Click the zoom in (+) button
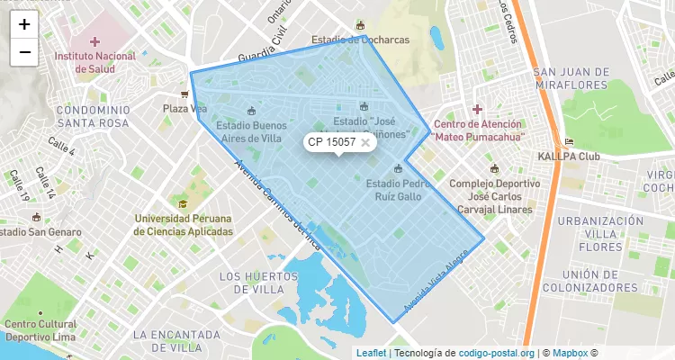(x=24, y=24)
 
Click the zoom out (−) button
(x=24, y=52)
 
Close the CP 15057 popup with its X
(x=365, y=142)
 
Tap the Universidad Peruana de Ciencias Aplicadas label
(x=183, y=225)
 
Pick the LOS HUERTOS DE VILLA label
(x=252, y=283)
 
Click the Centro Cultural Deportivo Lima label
(x=40, y=330)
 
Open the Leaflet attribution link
(x=372, y=353)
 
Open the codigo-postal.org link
(x=497, y=353)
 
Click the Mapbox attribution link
(x=571, y=353)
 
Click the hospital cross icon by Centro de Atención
(x=477, y=109)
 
